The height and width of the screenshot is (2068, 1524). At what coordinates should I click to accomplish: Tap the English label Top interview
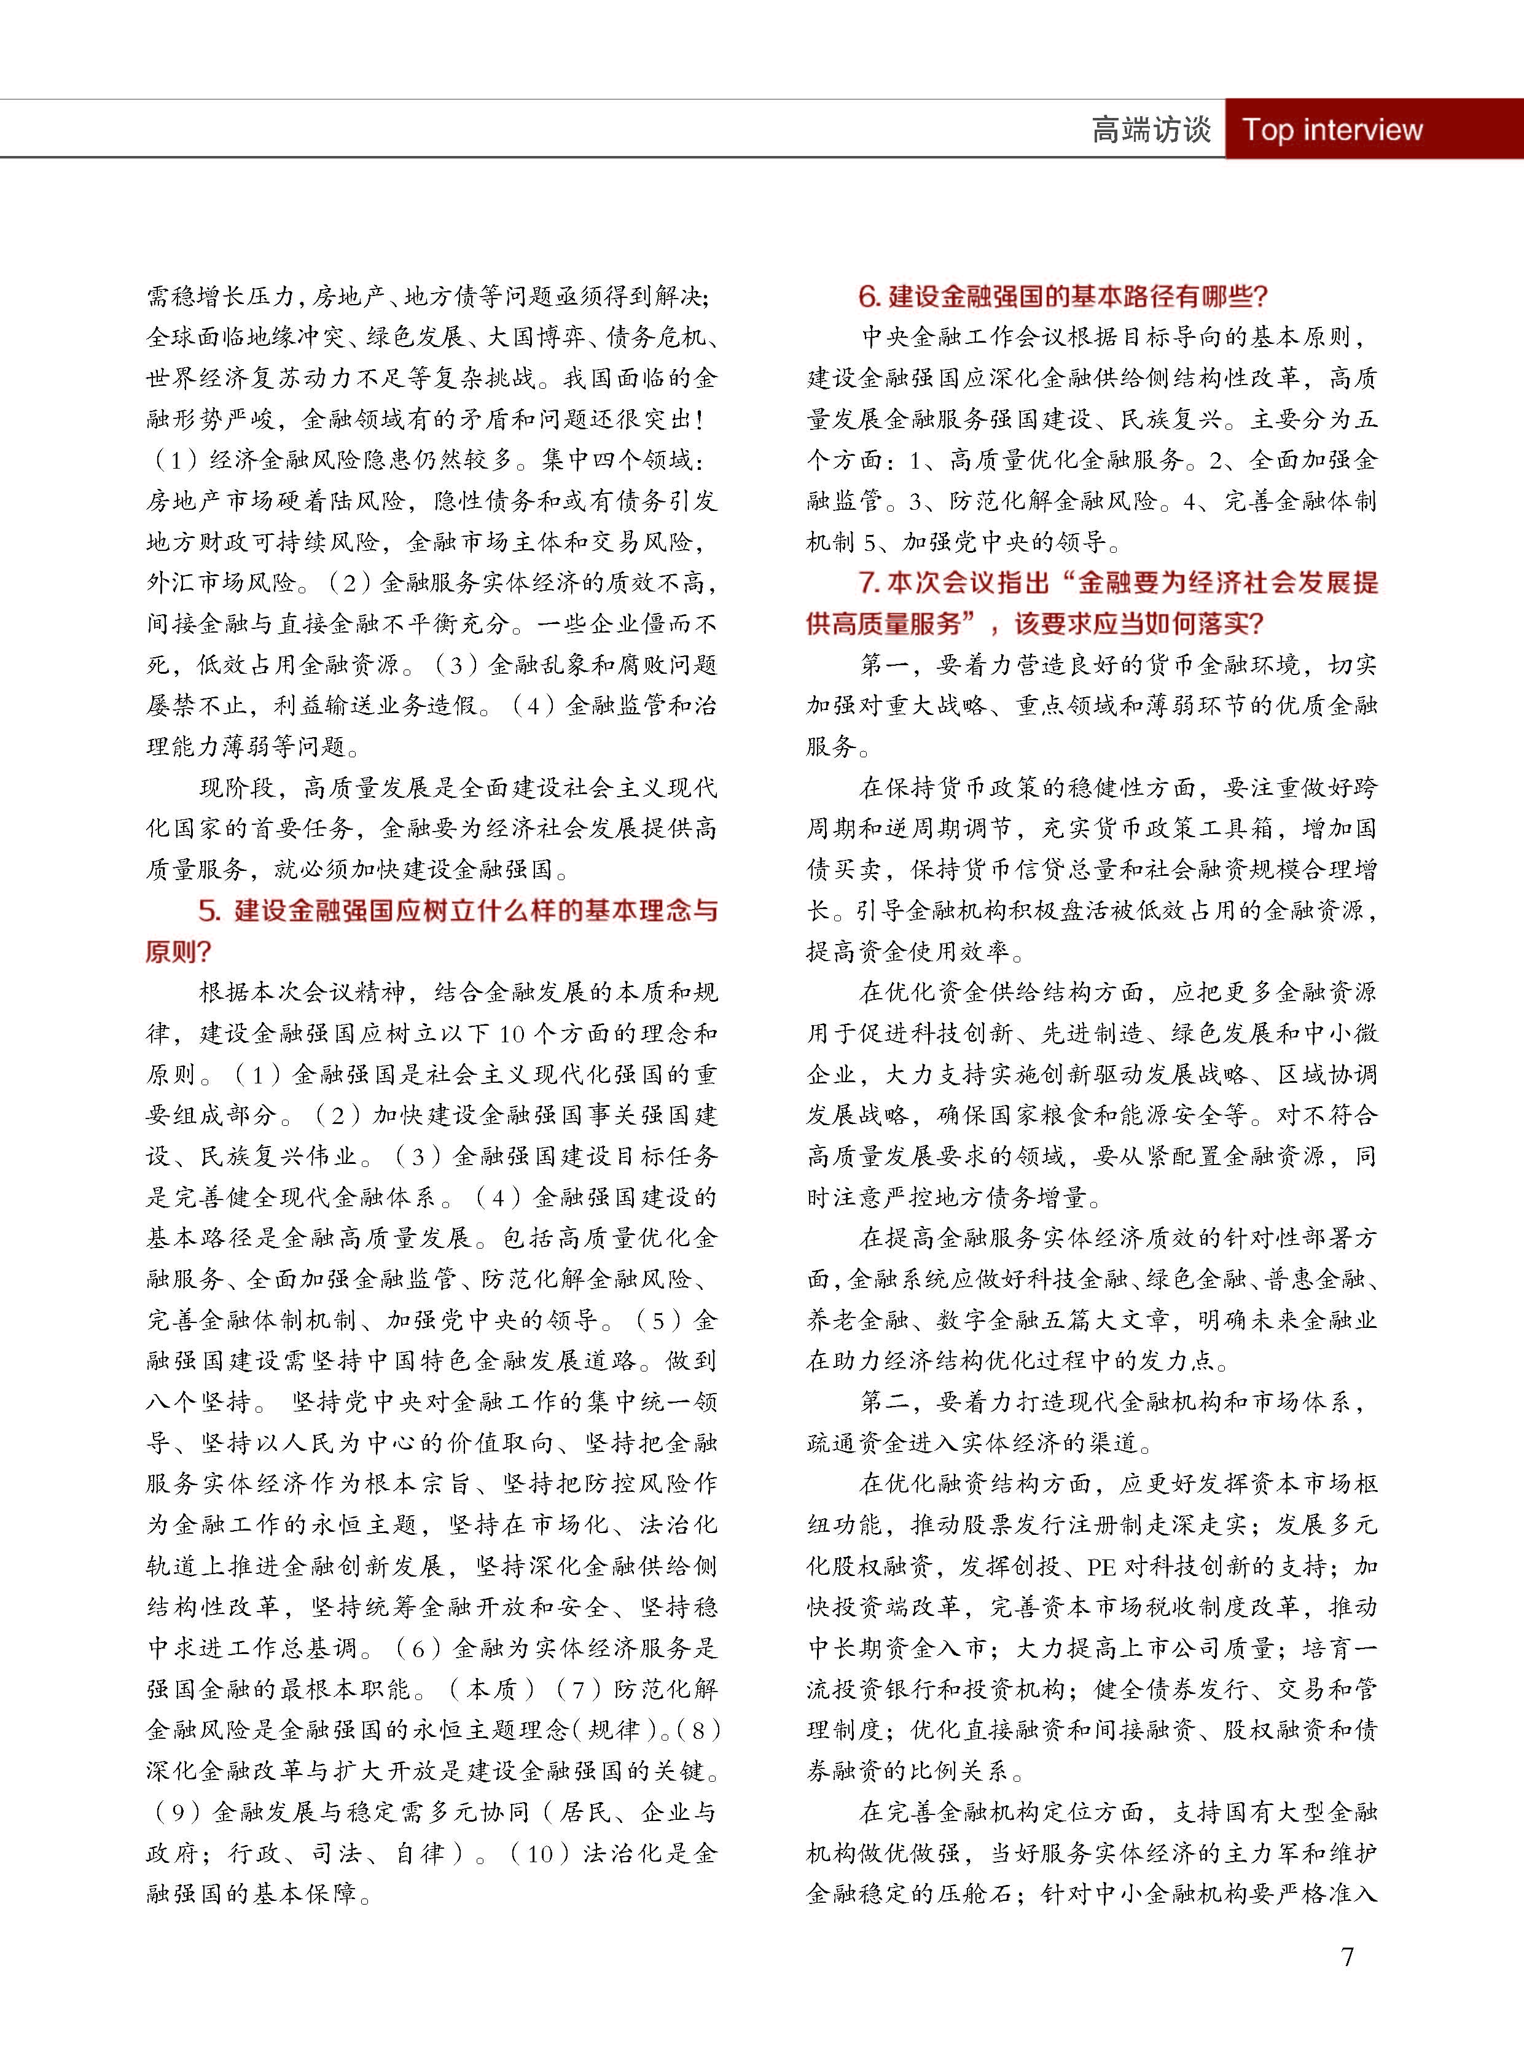tap(1332, 129)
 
